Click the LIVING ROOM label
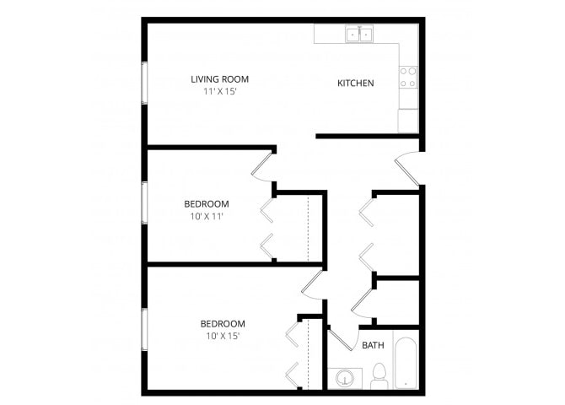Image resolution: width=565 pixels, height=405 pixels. click(220, 79)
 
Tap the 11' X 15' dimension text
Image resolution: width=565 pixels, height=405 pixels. click(220, 92)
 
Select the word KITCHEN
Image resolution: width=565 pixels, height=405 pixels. click(356, 84)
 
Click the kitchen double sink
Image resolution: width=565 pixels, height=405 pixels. click(359, 35)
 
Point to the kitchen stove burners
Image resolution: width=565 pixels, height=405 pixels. click(408, 77)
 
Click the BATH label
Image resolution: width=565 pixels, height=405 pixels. click(373, 345)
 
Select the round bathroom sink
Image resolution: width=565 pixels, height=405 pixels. click(345, 379)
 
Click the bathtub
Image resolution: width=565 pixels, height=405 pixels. click(406, 363)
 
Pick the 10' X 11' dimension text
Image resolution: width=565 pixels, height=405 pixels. click(207, 216)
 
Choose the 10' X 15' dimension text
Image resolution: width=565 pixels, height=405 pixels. click(223, 336)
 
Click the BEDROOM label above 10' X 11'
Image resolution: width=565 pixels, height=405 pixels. click(207, 204)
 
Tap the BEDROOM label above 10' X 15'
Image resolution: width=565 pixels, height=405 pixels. click(223, 324)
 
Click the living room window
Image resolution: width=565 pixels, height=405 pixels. click(144, 83)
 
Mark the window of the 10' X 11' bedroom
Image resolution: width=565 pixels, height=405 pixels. click(144, 202)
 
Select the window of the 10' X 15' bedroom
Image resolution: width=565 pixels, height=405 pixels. click(144, 329)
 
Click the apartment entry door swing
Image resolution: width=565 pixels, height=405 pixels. click(408, 169)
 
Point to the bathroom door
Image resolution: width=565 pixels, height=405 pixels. click(341, 339)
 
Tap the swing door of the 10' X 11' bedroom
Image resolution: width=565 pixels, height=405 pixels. click(261, 166)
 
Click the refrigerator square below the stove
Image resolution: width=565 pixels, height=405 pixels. click(408, 121)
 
